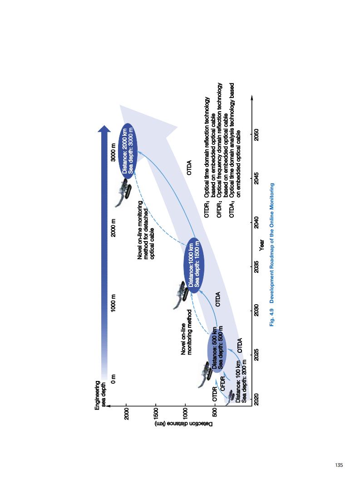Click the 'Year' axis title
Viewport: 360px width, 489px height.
[263, 246]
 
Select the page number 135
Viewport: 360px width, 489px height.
[339, 465]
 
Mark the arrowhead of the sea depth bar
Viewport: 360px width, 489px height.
[104, 130]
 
